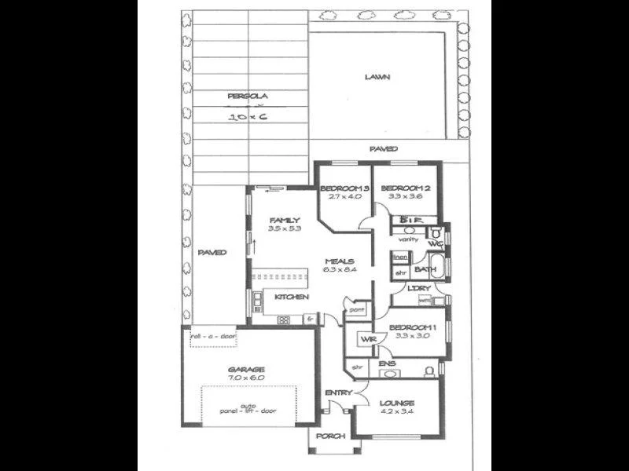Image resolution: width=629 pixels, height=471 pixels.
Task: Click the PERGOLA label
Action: coord(248,96)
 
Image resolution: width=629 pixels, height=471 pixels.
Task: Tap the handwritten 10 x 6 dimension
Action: coord(248,116)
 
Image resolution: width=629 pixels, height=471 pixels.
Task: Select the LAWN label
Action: coord(378,77)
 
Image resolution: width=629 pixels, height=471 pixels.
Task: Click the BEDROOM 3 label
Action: coord(344,188)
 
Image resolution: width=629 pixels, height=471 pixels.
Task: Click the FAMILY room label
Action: coord(283,220)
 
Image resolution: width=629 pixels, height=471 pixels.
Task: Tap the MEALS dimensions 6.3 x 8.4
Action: coord(340,271)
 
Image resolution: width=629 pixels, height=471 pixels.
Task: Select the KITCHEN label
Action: coord(291,297)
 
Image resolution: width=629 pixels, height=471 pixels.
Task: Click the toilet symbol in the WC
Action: coord(435,233)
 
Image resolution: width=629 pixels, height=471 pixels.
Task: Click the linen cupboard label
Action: coord(400,257)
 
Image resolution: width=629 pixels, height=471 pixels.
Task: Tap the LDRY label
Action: coord(418,289)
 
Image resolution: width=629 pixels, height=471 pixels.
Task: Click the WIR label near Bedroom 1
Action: coord(367,339)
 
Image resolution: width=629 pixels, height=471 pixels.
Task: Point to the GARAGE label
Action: coord(247,369)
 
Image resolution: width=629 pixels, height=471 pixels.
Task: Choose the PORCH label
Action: coord(330,436)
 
